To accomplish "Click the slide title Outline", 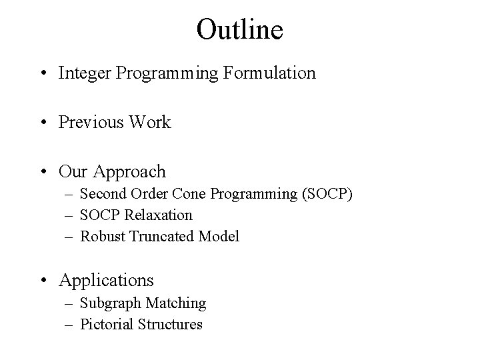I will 240,29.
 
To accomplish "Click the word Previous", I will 88,122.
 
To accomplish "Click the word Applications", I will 106,280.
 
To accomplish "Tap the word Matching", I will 175,303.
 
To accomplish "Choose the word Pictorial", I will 107,325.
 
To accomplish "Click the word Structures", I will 171,325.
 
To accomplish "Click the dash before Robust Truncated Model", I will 69,237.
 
